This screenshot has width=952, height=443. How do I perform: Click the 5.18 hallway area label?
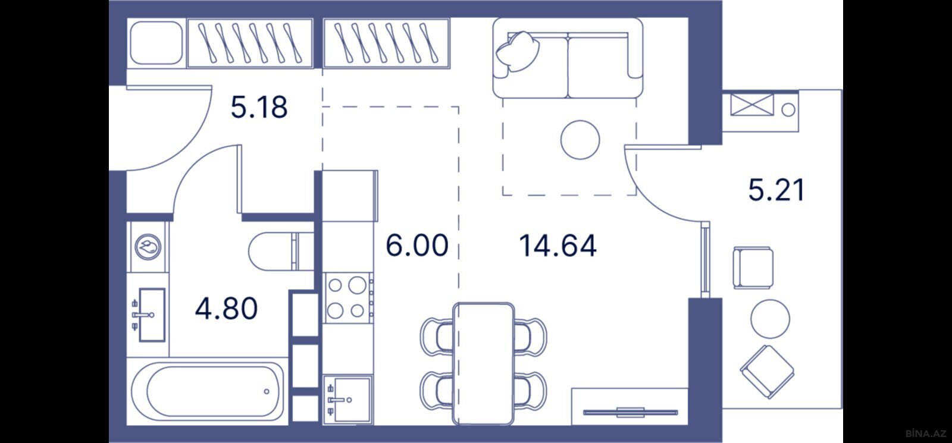[x=259, y=107]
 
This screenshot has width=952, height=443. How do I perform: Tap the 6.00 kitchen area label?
[x=417, y=246]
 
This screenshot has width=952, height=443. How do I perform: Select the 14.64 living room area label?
[x=558, y=246]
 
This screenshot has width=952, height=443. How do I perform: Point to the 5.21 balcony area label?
[x=776, y=190]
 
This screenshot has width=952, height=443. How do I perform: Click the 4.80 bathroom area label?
[x=227, y=309]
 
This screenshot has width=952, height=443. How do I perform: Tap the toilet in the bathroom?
[x=281, y=251]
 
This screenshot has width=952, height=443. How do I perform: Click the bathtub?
[x=208, y=391]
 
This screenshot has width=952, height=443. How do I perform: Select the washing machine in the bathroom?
[x=148, y=247]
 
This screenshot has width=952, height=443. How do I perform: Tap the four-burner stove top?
[x=347, y=298]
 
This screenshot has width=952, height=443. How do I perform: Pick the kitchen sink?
[x=348, y=399]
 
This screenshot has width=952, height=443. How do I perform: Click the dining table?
[x=484, y=363]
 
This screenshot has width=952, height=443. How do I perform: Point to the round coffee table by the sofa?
[x=580, y=140]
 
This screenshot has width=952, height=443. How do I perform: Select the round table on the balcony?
[x=770, y=319]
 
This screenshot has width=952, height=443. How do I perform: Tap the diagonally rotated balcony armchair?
[x=767, y=372]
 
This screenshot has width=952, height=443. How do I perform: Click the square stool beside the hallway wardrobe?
[x=156, y=43]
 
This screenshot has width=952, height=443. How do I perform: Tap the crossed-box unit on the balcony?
[x=752, y=105]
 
